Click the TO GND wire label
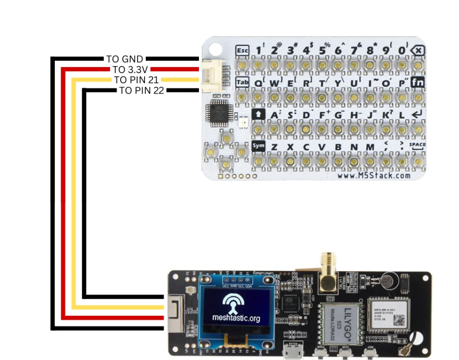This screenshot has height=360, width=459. click(x=125, y=59)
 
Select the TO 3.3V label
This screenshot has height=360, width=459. click(x=130, y=70)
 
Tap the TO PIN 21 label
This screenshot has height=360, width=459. click(x=136, y=80)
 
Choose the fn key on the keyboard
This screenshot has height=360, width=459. click(x=418, y=82)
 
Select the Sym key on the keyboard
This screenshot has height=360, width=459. click(x=258, y=146)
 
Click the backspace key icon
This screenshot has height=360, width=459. click(x=418, y=50)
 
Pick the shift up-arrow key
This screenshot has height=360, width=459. click(x=258, y=114)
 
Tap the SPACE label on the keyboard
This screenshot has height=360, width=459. click(x=417, y=145)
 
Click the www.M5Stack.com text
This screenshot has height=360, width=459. click(x=373, y=176)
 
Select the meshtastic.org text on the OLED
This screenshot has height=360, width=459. click(x=236, y=319)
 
